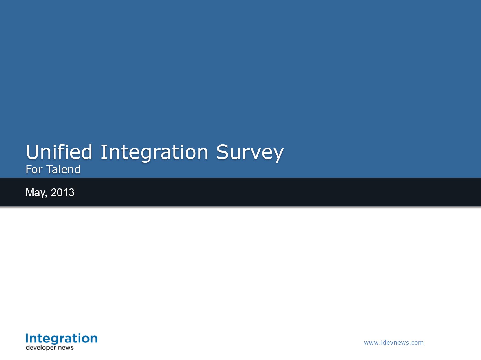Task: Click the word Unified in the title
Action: click(59, 152)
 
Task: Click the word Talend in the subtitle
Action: click(64, 170)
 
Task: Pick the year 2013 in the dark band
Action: click(63, 192)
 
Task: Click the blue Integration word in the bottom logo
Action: click(62, 339)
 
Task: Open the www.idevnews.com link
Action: click(394, 343)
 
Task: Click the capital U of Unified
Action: click(32, 152)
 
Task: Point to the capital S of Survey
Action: click(222, 152)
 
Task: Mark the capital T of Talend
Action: click(50, 170)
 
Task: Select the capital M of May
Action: click(29, 192)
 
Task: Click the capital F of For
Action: click(29, 170)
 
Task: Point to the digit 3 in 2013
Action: click(72, 192)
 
